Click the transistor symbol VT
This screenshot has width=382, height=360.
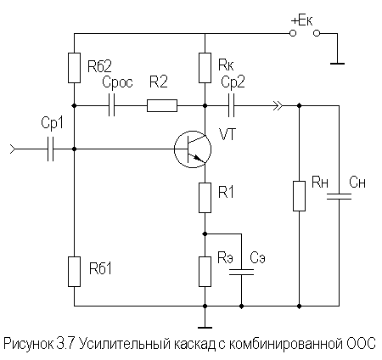(192, 149)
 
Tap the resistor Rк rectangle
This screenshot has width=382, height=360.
(205, 66)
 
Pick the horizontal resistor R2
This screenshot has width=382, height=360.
(161, 106)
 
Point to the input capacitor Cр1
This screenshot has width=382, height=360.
(52, 150)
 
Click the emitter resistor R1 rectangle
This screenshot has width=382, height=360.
(205, 198)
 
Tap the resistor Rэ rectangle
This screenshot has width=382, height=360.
(205, 271)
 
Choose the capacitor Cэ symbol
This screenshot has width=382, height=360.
(242, 272)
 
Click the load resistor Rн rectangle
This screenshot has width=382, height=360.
(300, 195)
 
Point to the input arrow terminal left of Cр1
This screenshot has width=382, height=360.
(13, 150)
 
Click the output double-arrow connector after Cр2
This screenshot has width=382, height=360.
(277, 106)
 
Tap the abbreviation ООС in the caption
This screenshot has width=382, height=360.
(362, 345)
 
